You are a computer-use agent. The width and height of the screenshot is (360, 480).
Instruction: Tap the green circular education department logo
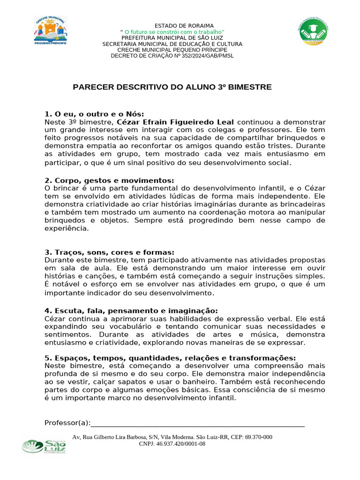coord(314,34)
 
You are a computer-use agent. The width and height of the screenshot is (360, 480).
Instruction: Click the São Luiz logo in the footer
coord(45,446)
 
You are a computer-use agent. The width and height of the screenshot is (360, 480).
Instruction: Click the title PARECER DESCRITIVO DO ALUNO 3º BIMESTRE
coord(172,87)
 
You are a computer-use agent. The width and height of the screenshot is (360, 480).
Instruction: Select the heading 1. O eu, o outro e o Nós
coord(94,114)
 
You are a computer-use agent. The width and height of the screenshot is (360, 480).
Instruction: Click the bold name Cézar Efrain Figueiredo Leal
coord(175,122)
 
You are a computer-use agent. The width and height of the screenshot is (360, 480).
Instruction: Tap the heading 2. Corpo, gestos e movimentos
coord(109,180)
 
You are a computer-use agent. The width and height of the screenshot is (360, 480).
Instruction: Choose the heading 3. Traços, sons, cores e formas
coord(109,252)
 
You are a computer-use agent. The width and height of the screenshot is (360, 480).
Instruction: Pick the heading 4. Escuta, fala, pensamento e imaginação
coord(131,311)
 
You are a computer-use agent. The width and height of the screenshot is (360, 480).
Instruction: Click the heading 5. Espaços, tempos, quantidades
coord(170,358)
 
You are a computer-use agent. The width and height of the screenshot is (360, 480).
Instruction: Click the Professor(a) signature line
coord(197,424)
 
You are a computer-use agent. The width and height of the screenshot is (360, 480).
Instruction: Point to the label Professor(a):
coord(67,423)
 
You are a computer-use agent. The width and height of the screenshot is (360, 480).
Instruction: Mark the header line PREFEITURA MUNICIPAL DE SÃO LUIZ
coord(172,37)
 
